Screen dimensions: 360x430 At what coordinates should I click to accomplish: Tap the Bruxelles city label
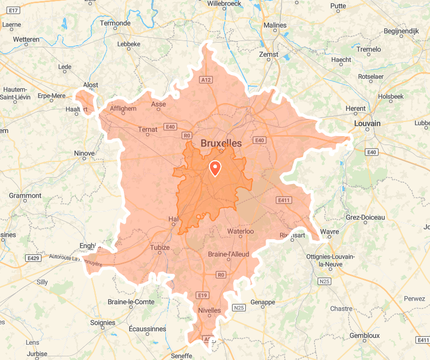click(221, 143)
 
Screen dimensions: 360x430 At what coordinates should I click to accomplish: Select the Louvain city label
click(367, 124)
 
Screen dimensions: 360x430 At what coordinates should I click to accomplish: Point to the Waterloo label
click(240, 231)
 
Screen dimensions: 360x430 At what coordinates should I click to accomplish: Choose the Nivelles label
click(209, 310)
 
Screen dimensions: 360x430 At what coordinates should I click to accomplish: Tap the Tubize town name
click(160, 248)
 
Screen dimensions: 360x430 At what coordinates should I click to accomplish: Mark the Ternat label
click(148, 129)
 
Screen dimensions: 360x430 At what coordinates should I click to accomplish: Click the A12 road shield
click(206, 80)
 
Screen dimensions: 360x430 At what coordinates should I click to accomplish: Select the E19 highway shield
click(202, 295)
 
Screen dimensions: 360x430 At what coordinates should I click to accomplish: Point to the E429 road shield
click(33, 258)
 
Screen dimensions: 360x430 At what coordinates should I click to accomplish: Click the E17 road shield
click(14, 10)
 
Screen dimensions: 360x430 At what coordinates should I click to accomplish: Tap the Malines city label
click(275, 25)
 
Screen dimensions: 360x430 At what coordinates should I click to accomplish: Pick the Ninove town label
click(84, 153)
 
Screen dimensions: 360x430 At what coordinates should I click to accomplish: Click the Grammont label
click(25, 196)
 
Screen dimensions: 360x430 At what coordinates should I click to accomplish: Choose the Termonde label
click(115, 23)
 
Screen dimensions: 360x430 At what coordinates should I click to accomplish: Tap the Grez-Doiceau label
click(365, 217)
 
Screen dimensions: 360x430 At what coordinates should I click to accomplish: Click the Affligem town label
click(123, 109)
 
